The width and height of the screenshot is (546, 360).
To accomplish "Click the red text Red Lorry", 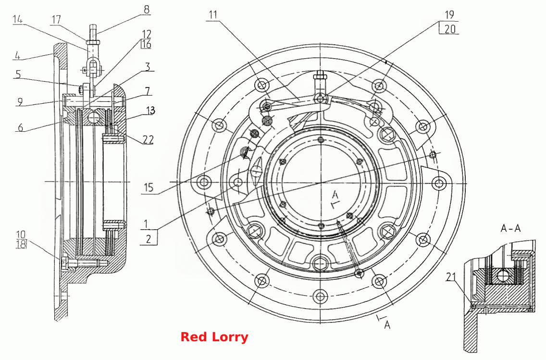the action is (214, 337).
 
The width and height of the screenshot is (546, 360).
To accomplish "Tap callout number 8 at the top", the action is (147, 10).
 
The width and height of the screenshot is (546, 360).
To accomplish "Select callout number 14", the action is (18, 20).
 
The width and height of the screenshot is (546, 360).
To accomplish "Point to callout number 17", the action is (56, 20).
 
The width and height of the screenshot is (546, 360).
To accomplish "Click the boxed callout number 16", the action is (146, 44).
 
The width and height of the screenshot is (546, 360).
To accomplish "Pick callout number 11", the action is (213, 14).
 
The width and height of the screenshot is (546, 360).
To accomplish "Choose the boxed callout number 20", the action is (450, 29).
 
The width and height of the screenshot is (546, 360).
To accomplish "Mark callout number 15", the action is (149, 187).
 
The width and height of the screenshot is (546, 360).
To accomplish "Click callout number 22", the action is (148, 139).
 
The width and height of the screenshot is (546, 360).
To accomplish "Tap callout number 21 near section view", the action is (451, 277).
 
